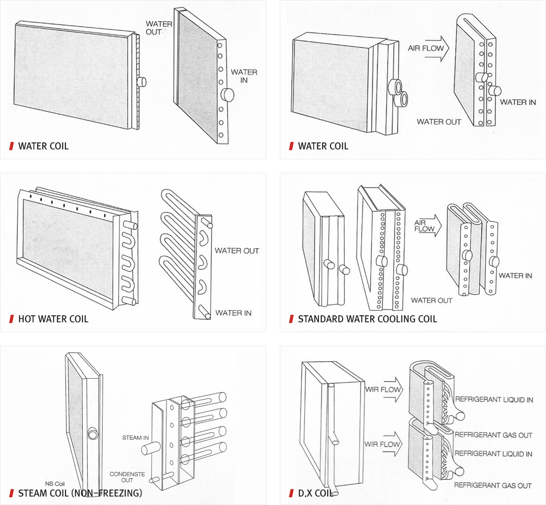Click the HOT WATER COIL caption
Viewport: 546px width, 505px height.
pyautogui.click(x=53, y=319)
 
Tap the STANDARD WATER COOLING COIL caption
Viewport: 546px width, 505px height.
pyautogui.click(x=367, y=319)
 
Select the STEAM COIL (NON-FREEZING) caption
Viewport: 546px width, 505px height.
pyautogui.click(x=80, y=493)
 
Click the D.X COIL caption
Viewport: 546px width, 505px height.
pyautogui.click(x=315, y=493)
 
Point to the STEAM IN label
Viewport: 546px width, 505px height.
pyautogui.click(x=135, y=438)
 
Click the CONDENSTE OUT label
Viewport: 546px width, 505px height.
pyautogui.click(x=127, y=477)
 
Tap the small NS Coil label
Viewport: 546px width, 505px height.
pyautogui.click(x=55, y=484)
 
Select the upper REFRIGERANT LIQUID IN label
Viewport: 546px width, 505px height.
pyautogui.click(x=494, y=399)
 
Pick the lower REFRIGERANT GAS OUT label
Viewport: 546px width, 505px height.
pyautogui.click(x=493, y=485)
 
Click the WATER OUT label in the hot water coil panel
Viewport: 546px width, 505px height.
pyautogui.click(x=237, y=251)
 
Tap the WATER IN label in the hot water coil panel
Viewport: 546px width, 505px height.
pyautogui.click(x=233, y=313)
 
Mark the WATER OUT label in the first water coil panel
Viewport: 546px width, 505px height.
pyautogui.click(x=159, y=28)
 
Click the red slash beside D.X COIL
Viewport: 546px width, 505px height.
pyautogui.click(x=291, y=493)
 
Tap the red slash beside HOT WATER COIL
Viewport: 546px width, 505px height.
pyautogui.click(x=11, y=319)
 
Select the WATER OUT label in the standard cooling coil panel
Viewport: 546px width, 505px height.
pyautogui.click(x=431, y=300)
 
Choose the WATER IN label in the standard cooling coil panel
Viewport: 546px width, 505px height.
pyautogui.click(x=515, y=275)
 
